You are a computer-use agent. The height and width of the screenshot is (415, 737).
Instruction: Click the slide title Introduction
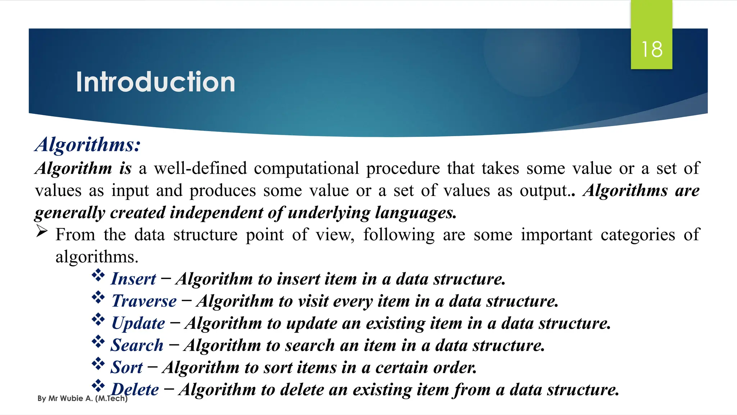point(155,82)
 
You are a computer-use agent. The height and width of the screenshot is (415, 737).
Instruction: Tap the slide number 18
point(652,49)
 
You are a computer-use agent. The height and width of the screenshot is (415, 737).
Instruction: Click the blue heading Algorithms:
point(88,145)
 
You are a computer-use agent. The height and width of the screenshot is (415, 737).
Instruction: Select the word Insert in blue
point(134,279)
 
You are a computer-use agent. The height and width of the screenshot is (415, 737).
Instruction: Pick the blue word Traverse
point(144,301)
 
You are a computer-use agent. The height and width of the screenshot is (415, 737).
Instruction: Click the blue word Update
point(138,323)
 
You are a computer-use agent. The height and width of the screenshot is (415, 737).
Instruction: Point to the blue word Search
point(137,345)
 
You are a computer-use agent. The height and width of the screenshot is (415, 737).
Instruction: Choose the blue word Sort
point(127,367)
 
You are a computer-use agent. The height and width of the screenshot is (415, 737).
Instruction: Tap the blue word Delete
point(135,389)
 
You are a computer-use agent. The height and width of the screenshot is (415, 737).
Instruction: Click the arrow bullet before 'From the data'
point(42,231)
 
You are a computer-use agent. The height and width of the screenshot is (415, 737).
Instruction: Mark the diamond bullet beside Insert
point(98,276)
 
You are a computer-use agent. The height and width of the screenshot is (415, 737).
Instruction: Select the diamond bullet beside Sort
point(98,364)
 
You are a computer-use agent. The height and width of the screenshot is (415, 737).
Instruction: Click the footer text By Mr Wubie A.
point(82,398)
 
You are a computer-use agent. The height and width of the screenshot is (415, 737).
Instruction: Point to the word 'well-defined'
point(200,168)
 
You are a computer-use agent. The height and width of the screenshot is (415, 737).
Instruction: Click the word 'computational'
point(306,168)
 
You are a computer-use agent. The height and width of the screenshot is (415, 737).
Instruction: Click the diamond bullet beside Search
point(98,342)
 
